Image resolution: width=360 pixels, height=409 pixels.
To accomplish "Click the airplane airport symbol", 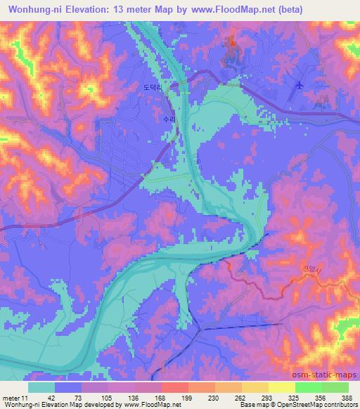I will pos(301,85).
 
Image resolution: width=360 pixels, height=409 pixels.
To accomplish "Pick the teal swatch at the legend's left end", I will pos(41,387).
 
